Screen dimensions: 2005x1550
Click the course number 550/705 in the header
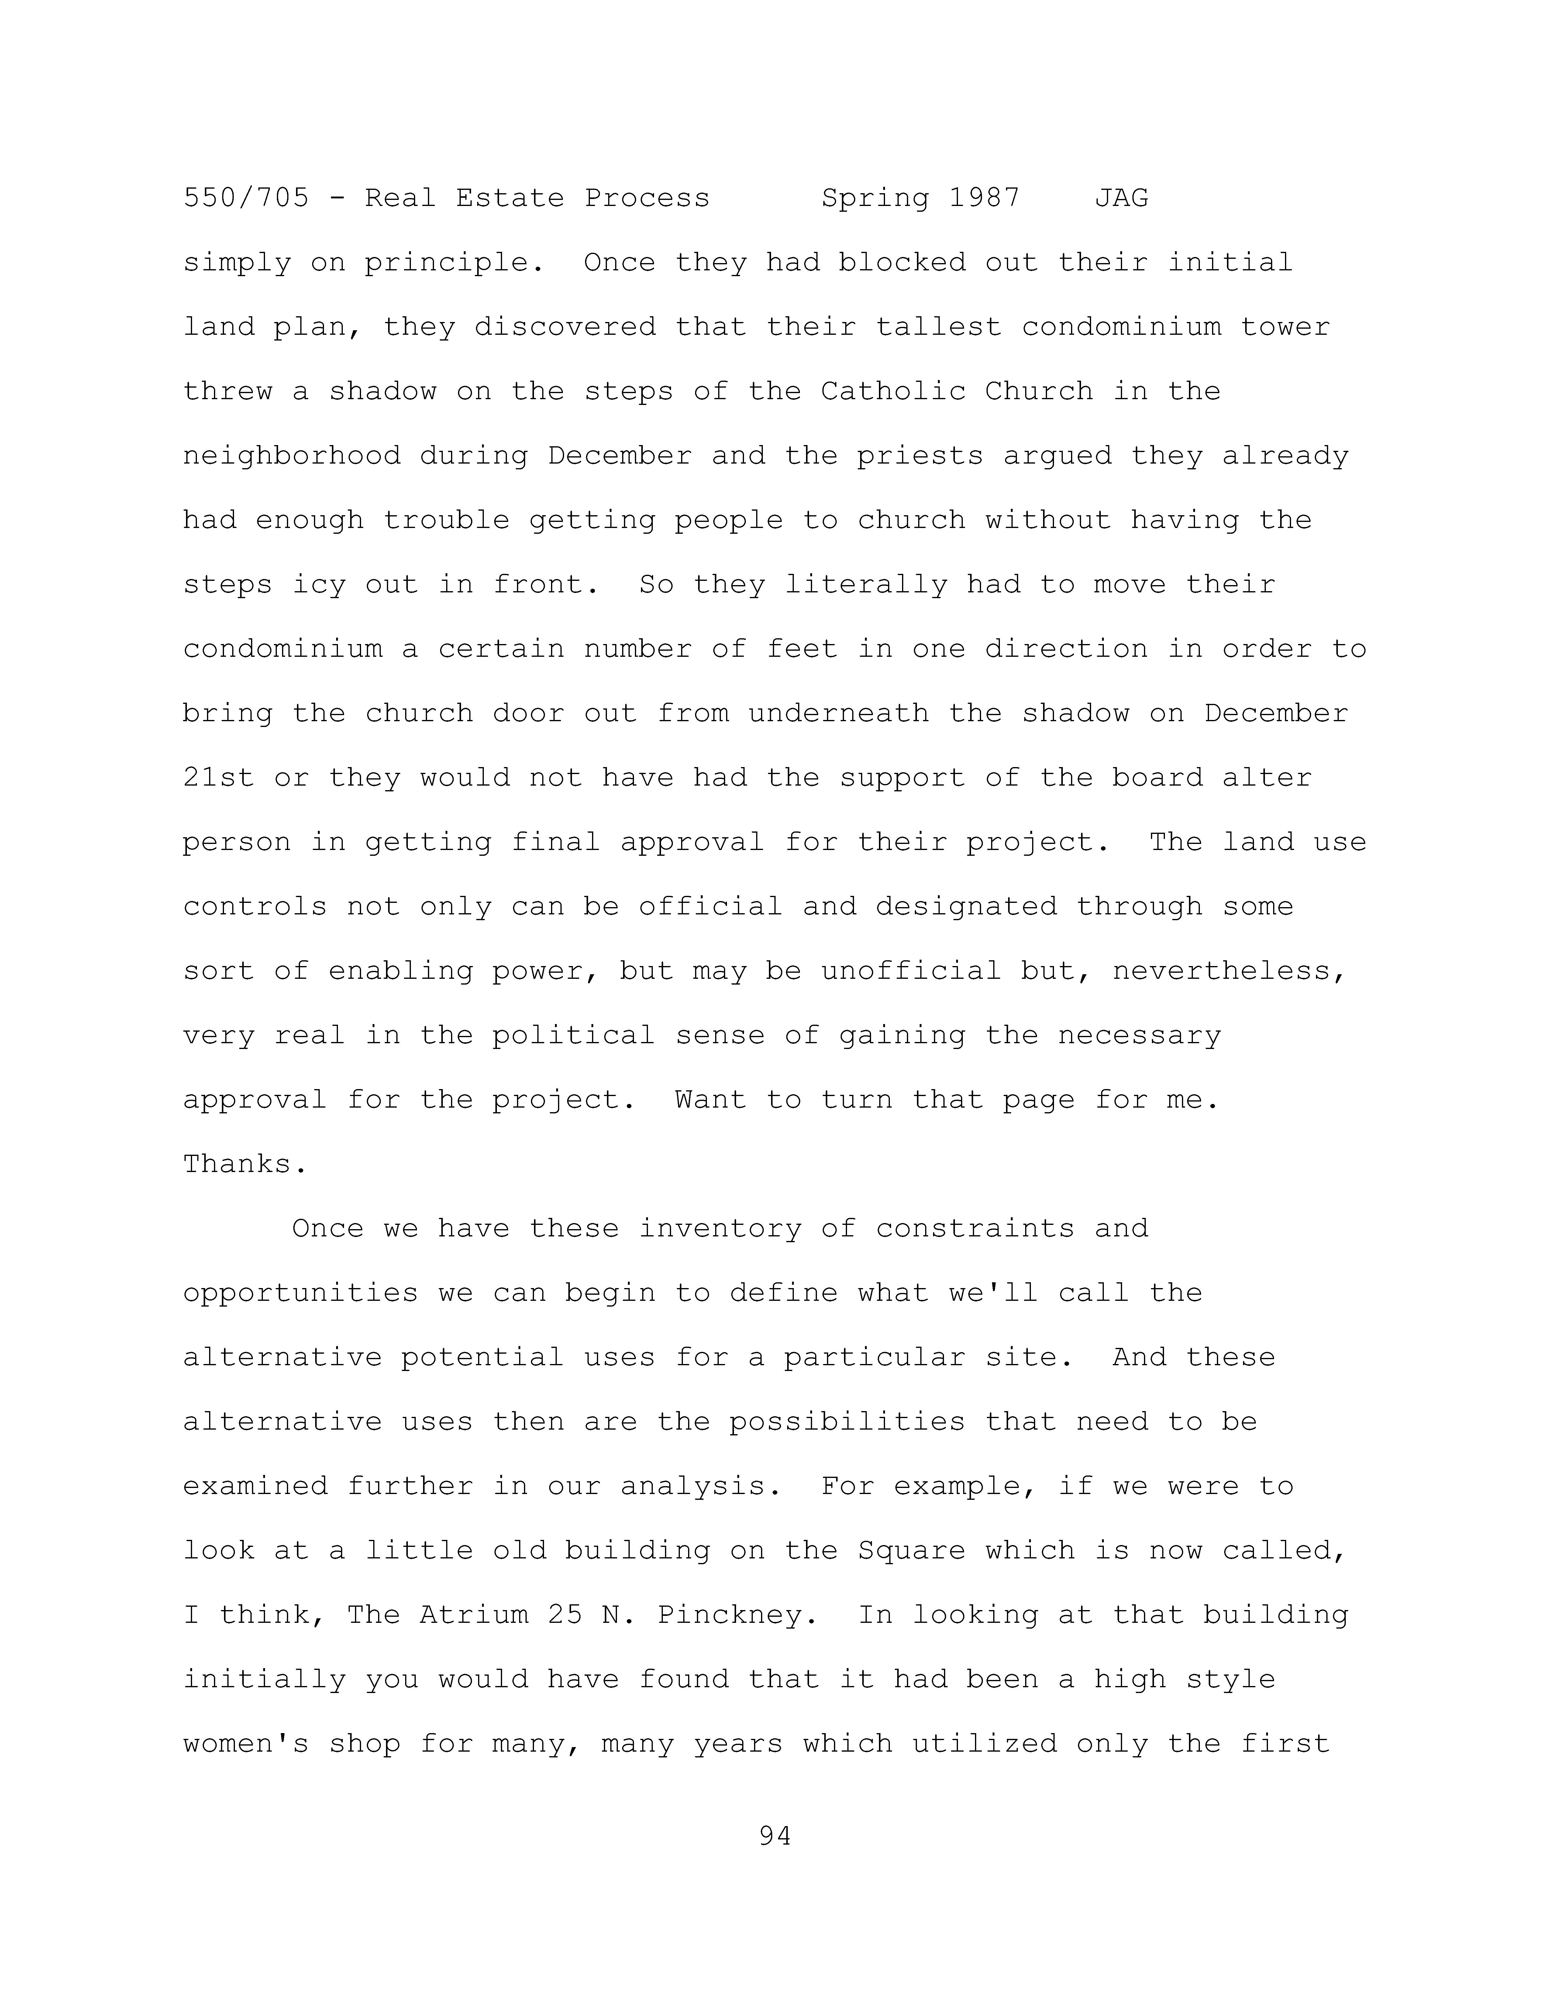tap(246, 198)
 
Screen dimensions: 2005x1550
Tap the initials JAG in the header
tap(1121, 198)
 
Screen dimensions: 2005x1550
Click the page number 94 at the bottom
tap(775, 1836)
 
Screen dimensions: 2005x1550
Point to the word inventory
tap(720, 1229)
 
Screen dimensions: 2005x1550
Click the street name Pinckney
tap(737, 1616)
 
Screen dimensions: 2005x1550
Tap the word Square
tap(912, 1551)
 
